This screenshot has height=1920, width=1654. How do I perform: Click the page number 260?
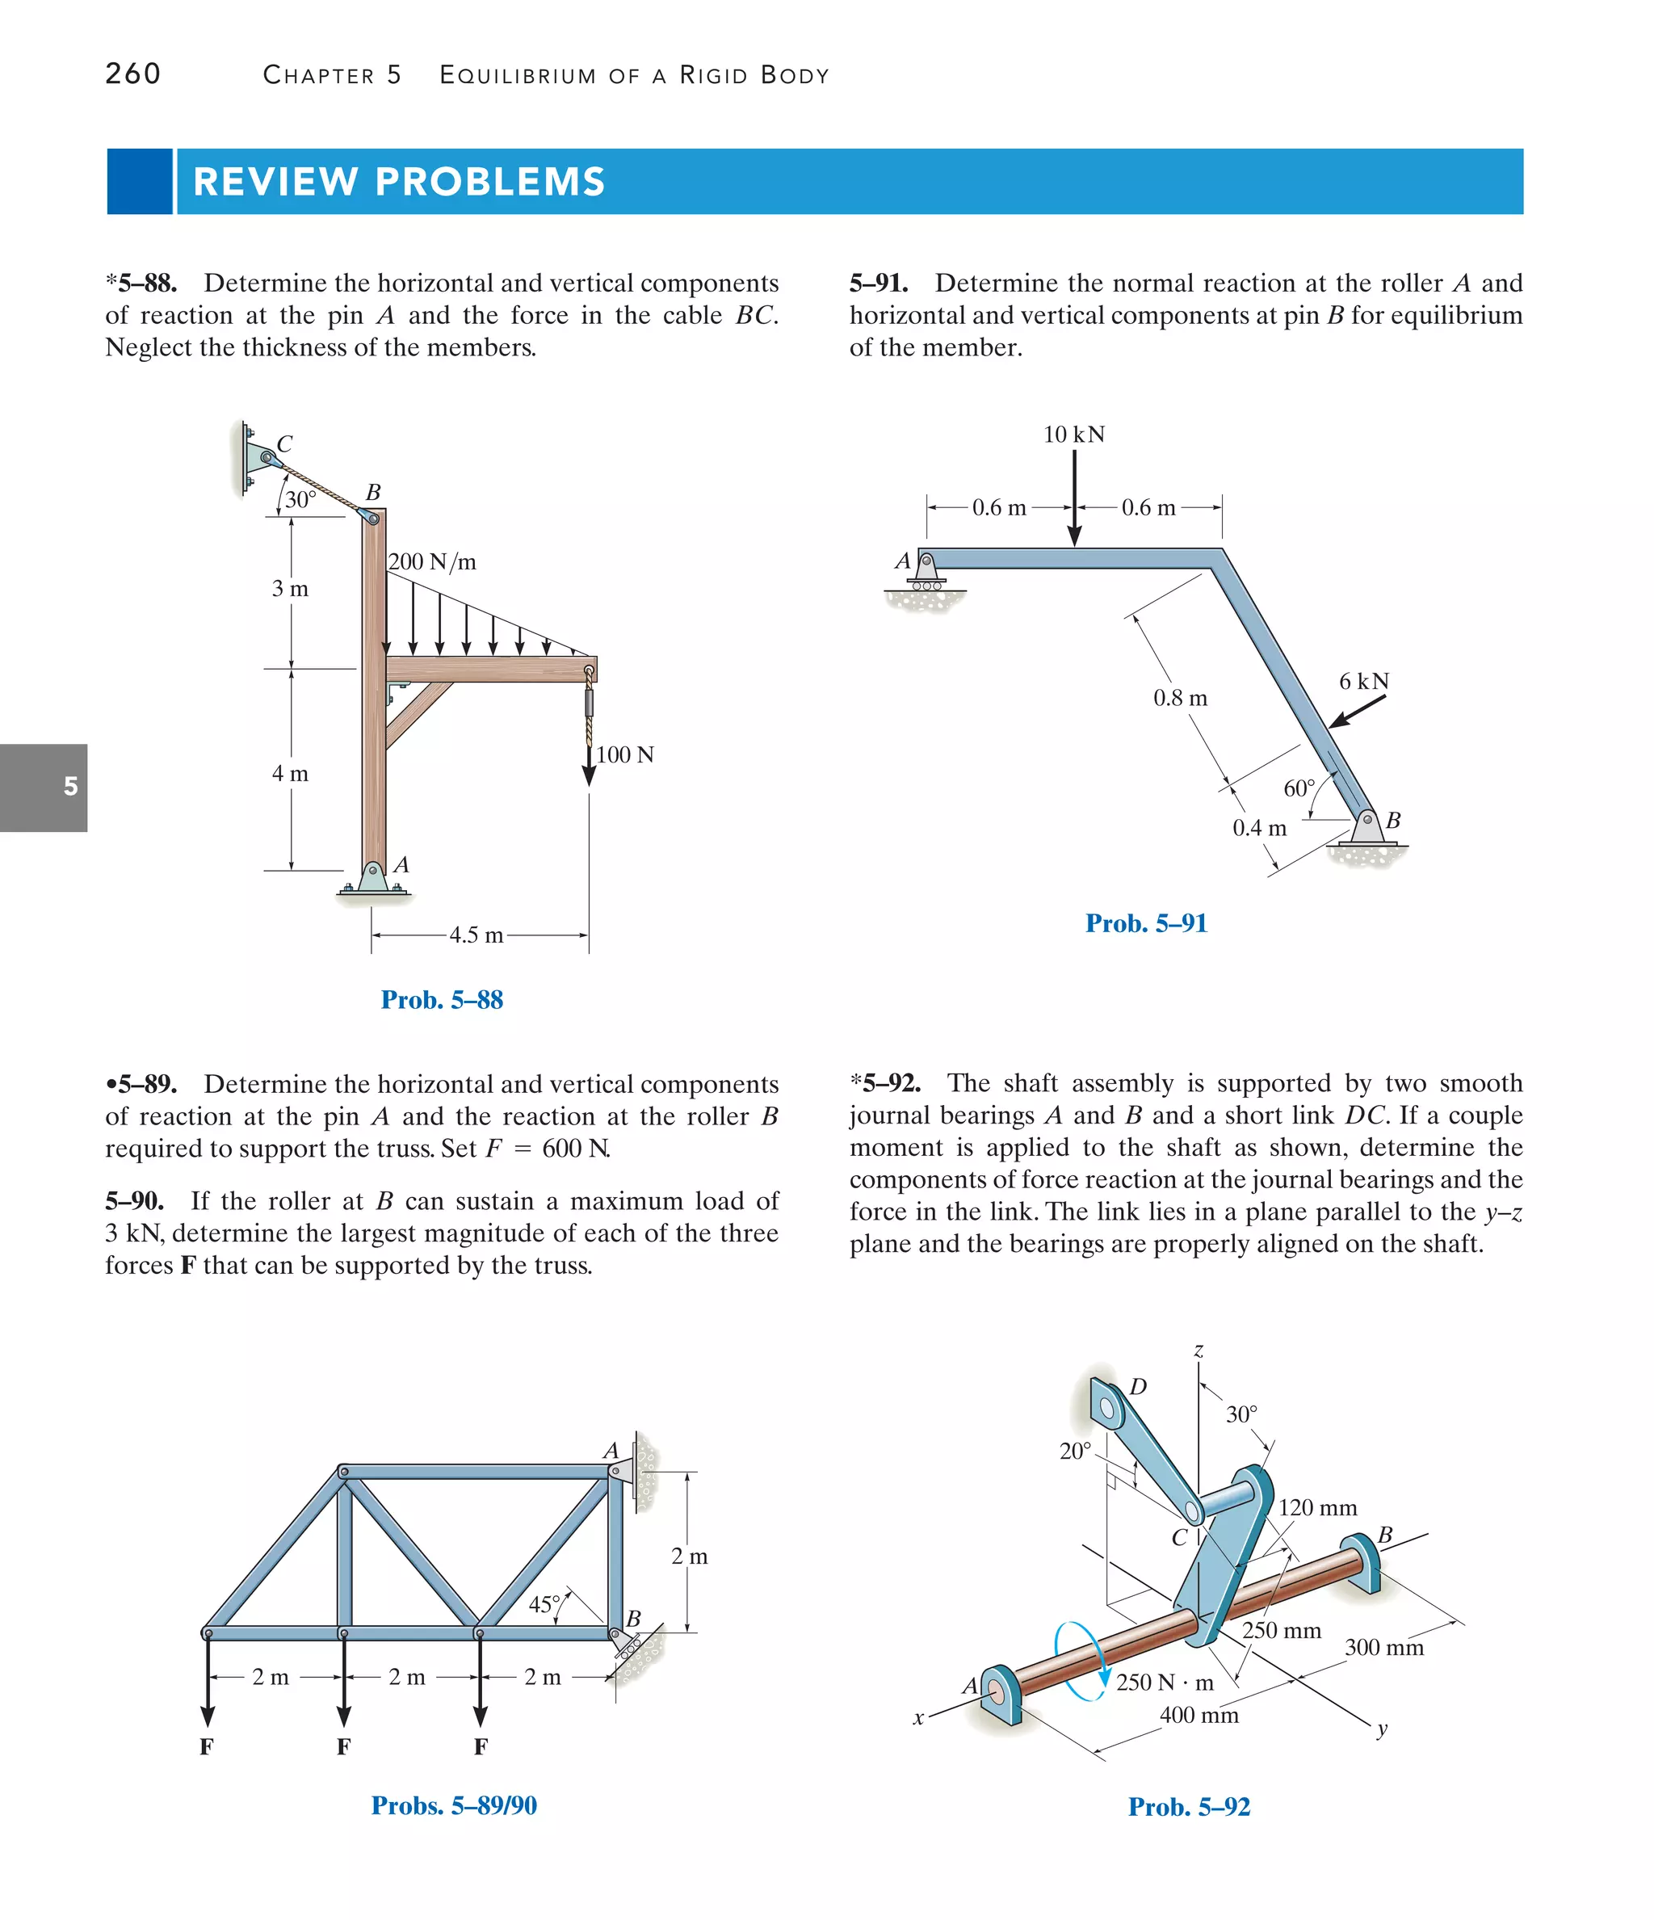(132, 74)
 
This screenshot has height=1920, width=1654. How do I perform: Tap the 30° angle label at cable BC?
(300, 499)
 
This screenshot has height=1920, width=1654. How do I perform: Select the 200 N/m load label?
(432, 561)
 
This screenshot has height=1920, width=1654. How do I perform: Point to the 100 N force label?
(624, 754)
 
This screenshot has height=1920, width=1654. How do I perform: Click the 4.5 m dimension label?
(476, 935)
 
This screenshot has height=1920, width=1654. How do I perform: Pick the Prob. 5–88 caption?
(442, 1000)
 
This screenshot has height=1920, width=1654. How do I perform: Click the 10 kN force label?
(1073, 434)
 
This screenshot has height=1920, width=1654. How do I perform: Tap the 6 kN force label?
(1363, 681)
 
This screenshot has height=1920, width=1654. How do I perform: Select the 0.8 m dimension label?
(1180, 698)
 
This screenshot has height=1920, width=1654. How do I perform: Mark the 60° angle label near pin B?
(1298, 788)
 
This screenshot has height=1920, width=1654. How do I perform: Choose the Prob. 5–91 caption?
(1146, 923)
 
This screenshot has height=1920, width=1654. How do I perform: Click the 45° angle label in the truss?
(544, 1604)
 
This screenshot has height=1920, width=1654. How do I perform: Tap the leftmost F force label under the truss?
(207, 1746)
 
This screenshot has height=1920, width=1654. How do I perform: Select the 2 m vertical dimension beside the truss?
(690, 1556)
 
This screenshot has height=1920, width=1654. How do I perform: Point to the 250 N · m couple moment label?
(1164, 1682)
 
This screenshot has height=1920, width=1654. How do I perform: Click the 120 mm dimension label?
(1316, 1507)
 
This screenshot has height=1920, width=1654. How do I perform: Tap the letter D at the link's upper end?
(1138, 1386)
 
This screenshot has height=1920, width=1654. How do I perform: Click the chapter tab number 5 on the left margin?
(70, 787)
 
